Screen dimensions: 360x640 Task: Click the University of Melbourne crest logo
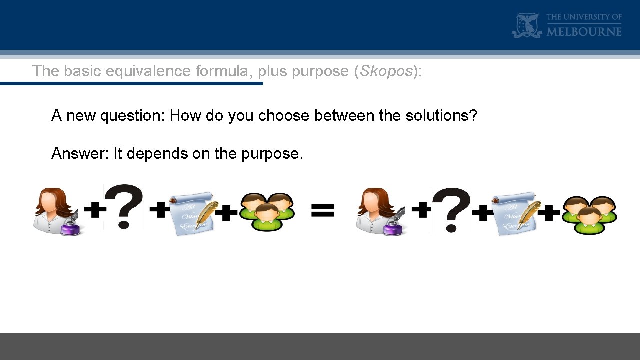click(x=526, y=25)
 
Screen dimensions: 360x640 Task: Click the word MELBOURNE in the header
click(x=584, y=32)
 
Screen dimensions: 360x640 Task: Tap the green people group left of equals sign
click(x=267, y=212)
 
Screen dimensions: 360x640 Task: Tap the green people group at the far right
click(x=589, y=215)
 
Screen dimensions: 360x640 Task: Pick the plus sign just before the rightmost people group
click(x=551, y=213)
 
